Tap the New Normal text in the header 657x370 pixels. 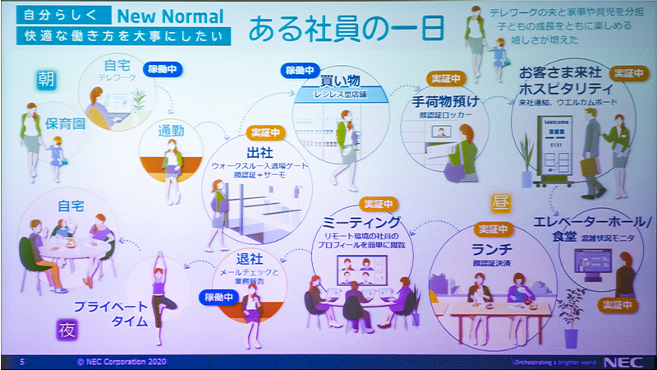click(170, 16)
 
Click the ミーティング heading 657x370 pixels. click(361, 222)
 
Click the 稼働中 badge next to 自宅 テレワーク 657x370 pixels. click(161, 69)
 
